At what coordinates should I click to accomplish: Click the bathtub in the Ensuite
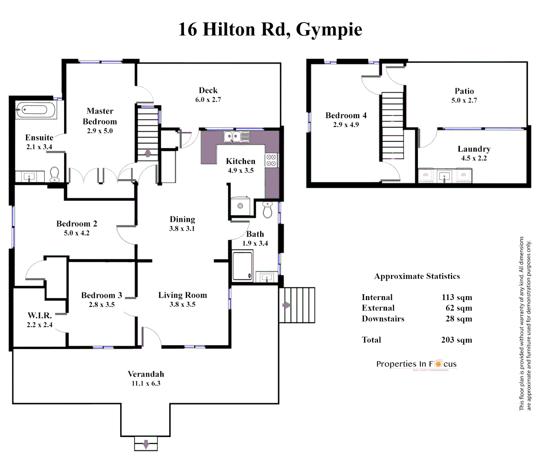tap(36, 110)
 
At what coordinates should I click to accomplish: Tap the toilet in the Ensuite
tap(54, 174)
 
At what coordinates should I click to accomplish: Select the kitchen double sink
tap(236, 137)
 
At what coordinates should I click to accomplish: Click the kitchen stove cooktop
tap(271, 160)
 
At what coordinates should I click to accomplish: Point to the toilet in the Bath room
tap(267, 210)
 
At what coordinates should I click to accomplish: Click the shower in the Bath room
tap(243, 266)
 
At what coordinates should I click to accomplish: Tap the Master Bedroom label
tap(100, 116)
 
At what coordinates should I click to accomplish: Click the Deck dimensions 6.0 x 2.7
tap(208, 100)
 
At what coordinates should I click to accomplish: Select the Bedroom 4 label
tap(346, 116)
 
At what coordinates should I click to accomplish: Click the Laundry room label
tap(474, 149)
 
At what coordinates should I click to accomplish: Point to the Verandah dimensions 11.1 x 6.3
tap(146, 383)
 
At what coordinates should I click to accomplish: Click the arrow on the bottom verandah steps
tap(146, 444)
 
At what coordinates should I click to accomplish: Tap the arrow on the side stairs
tap(287, 305)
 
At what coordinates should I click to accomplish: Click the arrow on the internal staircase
tap(147, 153)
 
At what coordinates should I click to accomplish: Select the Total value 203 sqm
tap(456, 340)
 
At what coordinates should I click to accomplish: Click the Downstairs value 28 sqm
tap(459, 319)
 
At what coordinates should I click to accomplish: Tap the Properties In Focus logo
tap(416, 364)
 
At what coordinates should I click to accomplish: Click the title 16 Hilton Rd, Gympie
tap(270, 29)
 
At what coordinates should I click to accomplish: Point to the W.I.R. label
tap(40, 315)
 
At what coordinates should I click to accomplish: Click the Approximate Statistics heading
tap(417, 276)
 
